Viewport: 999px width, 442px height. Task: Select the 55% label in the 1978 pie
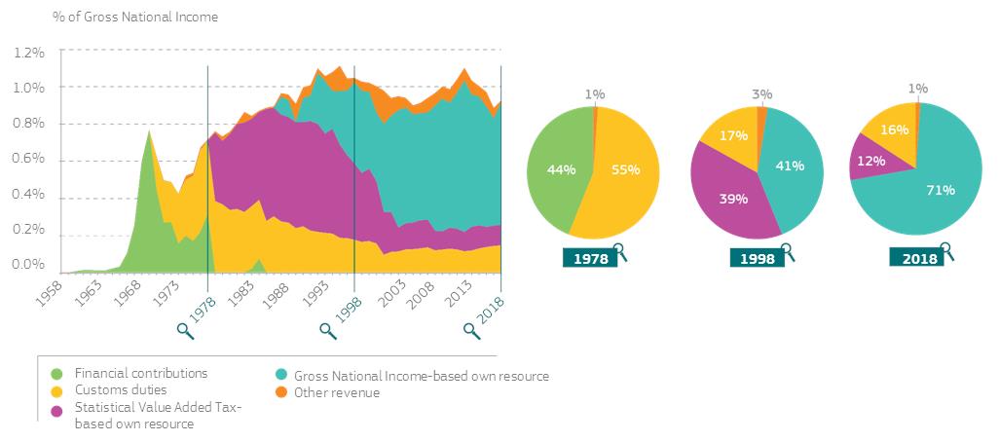[x=624, y=168]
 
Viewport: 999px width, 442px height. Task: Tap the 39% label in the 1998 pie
[x=732, y=199]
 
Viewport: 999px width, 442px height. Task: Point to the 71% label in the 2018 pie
[x=914, y=191]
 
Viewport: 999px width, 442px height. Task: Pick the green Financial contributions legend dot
[x=56, y=374]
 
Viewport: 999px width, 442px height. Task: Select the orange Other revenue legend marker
[x=280, y=392]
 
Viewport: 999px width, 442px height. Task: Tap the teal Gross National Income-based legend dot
[x=280, y=376]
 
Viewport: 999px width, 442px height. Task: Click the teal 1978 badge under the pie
[x=590, y=258]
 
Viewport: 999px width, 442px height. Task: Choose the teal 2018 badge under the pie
[x=918, y=258]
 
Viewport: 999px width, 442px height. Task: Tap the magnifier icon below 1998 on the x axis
[x=328, y=330]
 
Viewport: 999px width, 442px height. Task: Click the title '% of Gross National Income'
[x=135, y=17]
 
